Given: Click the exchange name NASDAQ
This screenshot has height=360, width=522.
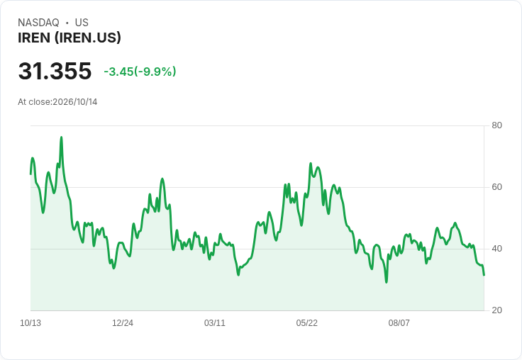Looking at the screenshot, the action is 38,23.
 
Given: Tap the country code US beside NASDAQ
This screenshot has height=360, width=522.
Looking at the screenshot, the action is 82,23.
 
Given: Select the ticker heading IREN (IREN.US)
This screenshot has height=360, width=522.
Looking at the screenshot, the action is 70,38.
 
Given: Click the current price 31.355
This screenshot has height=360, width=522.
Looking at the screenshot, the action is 55,71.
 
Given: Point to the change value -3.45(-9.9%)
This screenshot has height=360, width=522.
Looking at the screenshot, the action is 140,72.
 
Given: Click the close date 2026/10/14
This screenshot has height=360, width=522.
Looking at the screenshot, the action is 75,102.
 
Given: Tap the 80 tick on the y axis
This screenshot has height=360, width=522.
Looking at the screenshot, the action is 496,125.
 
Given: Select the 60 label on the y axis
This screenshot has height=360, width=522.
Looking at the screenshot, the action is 496,187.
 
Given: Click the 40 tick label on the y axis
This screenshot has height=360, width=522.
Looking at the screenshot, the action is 496,249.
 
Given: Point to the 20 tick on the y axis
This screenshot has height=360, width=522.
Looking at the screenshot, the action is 496,310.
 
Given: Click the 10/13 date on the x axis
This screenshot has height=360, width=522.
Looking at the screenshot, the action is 30,323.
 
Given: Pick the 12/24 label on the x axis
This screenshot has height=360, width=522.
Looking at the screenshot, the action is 123,323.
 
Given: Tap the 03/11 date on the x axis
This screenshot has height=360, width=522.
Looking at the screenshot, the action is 215,323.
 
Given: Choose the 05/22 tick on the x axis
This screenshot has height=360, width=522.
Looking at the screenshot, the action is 307,323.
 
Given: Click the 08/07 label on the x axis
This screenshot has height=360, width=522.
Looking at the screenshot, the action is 399,323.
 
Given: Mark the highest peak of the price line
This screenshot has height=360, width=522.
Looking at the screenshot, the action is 61,137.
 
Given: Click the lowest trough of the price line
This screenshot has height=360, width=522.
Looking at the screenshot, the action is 386,282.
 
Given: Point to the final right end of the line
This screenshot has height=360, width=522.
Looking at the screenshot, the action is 484,275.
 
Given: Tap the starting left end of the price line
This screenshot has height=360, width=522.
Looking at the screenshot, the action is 30,174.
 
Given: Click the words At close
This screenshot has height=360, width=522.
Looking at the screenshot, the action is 34,102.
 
